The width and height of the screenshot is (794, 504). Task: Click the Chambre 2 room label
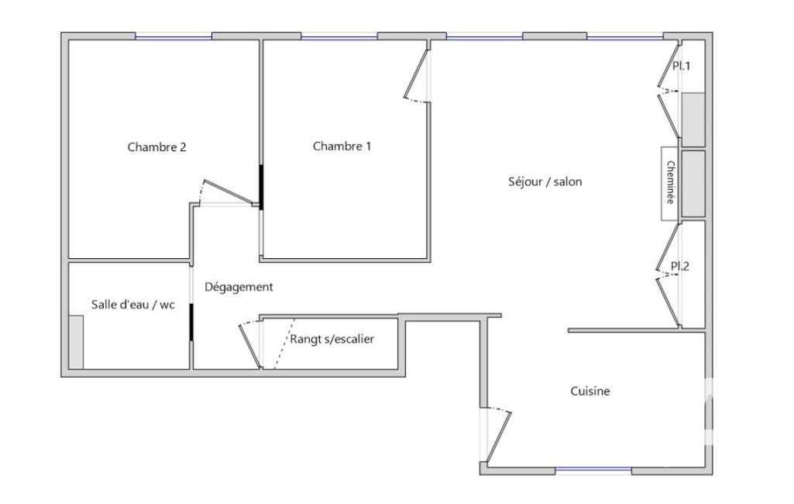click(156, 147)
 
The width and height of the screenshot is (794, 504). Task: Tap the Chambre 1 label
click(342, 146)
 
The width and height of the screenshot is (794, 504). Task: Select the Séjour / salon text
click(545, 181)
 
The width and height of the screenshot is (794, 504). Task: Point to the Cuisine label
click(590, 391)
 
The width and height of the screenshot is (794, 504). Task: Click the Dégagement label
click(239, 287)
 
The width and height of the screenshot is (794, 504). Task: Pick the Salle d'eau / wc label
click(132, 304)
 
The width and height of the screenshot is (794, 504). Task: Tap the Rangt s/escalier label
click(332, 339)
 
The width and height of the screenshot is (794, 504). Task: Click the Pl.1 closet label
click(681, 66)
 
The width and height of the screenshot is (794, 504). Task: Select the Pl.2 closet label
click(680, 266)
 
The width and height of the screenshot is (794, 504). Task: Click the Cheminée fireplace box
click(669, 184)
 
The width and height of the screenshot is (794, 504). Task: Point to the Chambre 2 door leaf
click(229, 192)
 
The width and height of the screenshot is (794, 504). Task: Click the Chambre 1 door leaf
click(416, 72)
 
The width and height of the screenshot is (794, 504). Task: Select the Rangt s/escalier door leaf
click(249, 346)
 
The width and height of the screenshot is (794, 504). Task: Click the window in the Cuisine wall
click(593, 471)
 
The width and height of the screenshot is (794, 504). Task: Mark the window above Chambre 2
click(174, 36)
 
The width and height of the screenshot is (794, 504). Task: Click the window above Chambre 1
click(339, 36)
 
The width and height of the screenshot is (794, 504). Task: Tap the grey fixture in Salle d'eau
click(76, 342)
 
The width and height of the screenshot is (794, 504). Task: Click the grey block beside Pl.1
click(693, 119)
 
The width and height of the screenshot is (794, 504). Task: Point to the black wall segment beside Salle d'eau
click(191, 323)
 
